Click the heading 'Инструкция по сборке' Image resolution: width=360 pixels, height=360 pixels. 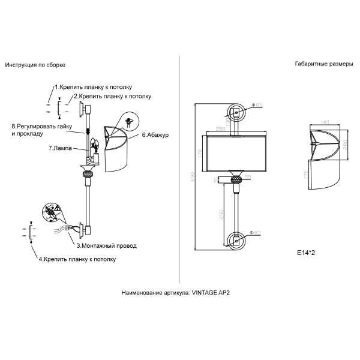35,64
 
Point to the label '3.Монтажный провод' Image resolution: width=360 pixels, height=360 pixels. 106,245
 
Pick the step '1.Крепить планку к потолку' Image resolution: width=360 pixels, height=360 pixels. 93,87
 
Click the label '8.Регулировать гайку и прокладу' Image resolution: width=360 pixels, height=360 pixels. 41,130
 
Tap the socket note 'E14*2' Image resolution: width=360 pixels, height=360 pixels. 306,253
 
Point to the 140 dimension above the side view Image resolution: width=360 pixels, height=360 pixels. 325,122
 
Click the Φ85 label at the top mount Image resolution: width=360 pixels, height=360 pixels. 257,106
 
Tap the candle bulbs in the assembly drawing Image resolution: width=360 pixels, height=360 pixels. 95,146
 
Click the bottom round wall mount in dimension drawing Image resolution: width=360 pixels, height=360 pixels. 236,239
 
